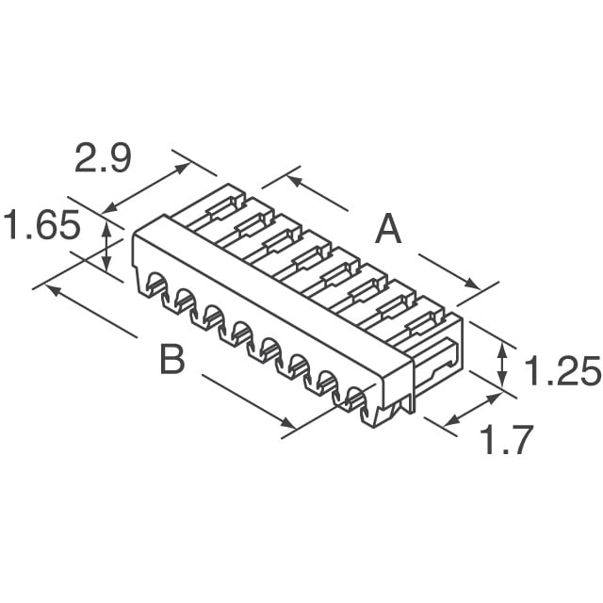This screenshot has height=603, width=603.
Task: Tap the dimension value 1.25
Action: click(x=561, y=374)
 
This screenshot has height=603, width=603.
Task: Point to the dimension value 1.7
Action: click(x=507, y=441)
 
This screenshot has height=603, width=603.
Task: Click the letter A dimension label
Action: click(x=387, y=229)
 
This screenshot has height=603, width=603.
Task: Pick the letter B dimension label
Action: click(x=171, y=359)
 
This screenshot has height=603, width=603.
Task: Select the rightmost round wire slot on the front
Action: click(x=358, y=399)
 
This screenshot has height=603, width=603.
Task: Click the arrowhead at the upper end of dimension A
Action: click(x=292, y=178)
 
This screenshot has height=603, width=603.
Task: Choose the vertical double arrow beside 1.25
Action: click(x=502, y=363)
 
